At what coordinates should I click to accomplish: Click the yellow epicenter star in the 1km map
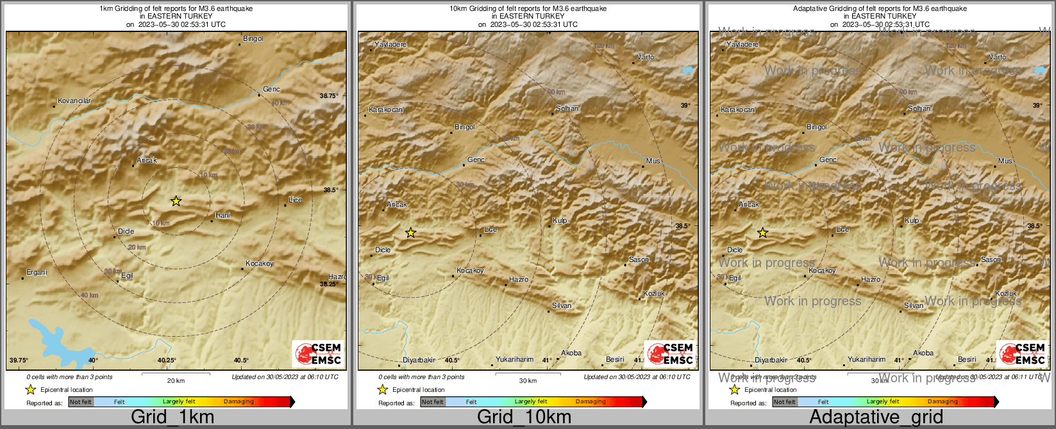tap(176, 201)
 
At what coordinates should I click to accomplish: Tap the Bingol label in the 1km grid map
tap(253, 39)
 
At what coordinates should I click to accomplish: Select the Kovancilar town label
tap(74, 101)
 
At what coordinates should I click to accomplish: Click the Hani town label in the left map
tap(222, 216)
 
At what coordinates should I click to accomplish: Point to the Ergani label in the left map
tap(37, 273)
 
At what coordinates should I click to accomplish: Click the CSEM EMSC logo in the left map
tap(319, 353)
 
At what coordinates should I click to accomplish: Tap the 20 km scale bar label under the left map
tap(176, 381)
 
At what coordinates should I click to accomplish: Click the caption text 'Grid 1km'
tap(172, 417)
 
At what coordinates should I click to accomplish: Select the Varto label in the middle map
tap(645, 58)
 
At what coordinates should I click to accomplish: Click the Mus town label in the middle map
tap(653, 161)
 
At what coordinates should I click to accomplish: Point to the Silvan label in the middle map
tap(562, 306)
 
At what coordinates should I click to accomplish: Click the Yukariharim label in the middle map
tap(514, 360)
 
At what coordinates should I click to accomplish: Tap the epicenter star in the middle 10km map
tap(411, 233)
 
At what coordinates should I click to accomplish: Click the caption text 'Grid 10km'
tap(524, 417)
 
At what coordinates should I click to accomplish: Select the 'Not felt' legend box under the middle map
tap(433, 402)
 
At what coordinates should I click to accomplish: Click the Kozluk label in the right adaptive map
tap(1006, 294)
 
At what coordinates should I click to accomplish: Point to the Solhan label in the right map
tap(919, 109)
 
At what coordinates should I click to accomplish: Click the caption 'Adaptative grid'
tap(876, 417)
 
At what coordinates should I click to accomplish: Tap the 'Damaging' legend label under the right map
tap(943, 402)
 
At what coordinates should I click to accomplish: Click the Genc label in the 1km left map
tap(271, 90)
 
